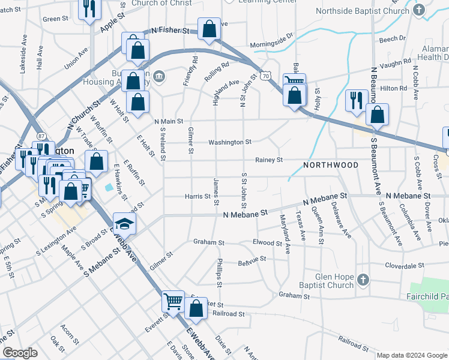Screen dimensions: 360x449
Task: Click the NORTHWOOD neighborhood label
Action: click(x=331, y=165)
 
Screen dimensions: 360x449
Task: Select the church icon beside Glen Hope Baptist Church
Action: click(x=362, y=280)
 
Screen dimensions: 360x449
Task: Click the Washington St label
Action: click(x=229, y=142)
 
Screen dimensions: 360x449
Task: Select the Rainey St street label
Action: click(x=268, y=160)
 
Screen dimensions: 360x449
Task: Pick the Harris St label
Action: click(x=197, y=196)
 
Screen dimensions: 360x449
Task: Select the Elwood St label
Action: click(x=267, y=243)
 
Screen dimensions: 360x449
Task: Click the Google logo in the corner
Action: click(x=20, y=353)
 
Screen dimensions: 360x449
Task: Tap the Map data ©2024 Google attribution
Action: click(x=412, y=355)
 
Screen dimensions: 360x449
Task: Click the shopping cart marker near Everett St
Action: click(x=173, y=301)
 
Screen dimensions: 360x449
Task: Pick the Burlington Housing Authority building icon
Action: click(x=160, y=76)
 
